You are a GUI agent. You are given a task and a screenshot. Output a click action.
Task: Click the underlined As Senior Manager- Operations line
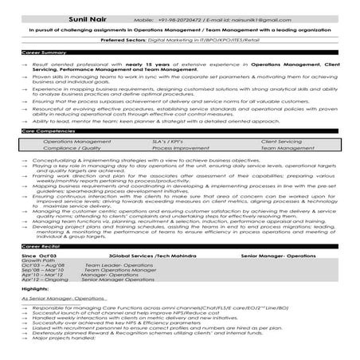tap(56, 297)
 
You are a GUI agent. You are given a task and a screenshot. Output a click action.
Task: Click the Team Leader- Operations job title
tap(111, 264)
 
